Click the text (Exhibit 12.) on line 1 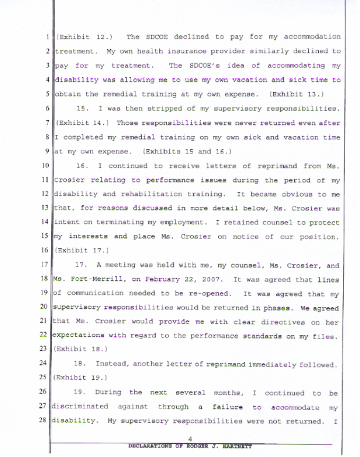coord(80,37)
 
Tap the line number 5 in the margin coord(48,94)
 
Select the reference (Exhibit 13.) coord(303,94)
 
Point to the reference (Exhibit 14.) coord(81,123)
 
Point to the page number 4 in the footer coord(189,438)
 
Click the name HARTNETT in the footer coord(235,446)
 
